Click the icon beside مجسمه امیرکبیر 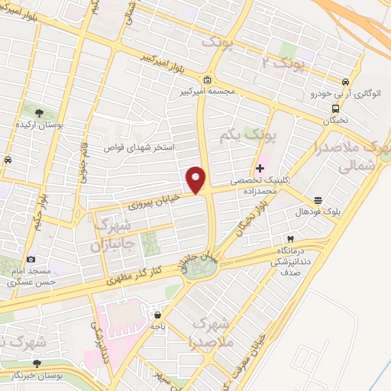[x=208, y=80]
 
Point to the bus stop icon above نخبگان [x=336, y=108]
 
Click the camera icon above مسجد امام [x=31, y=260]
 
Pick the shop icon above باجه [x=157, y=314]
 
